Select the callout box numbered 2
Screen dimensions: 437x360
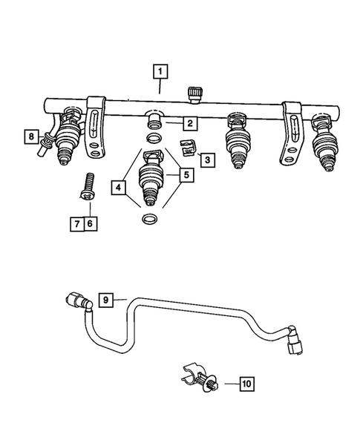point(190,123)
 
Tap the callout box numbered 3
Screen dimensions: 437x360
point(206,159)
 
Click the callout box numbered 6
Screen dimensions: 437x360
point(91,222)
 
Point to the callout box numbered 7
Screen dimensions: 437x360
point(76,222)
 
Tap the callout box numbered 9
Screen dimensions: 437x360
point(106,300)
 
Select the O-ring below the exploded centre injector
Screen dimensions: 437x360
point(149,220)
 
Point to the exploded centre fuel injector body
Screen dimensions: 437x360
point(150,178)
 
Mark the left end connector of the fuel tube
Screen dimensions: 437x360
point(76,301)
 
